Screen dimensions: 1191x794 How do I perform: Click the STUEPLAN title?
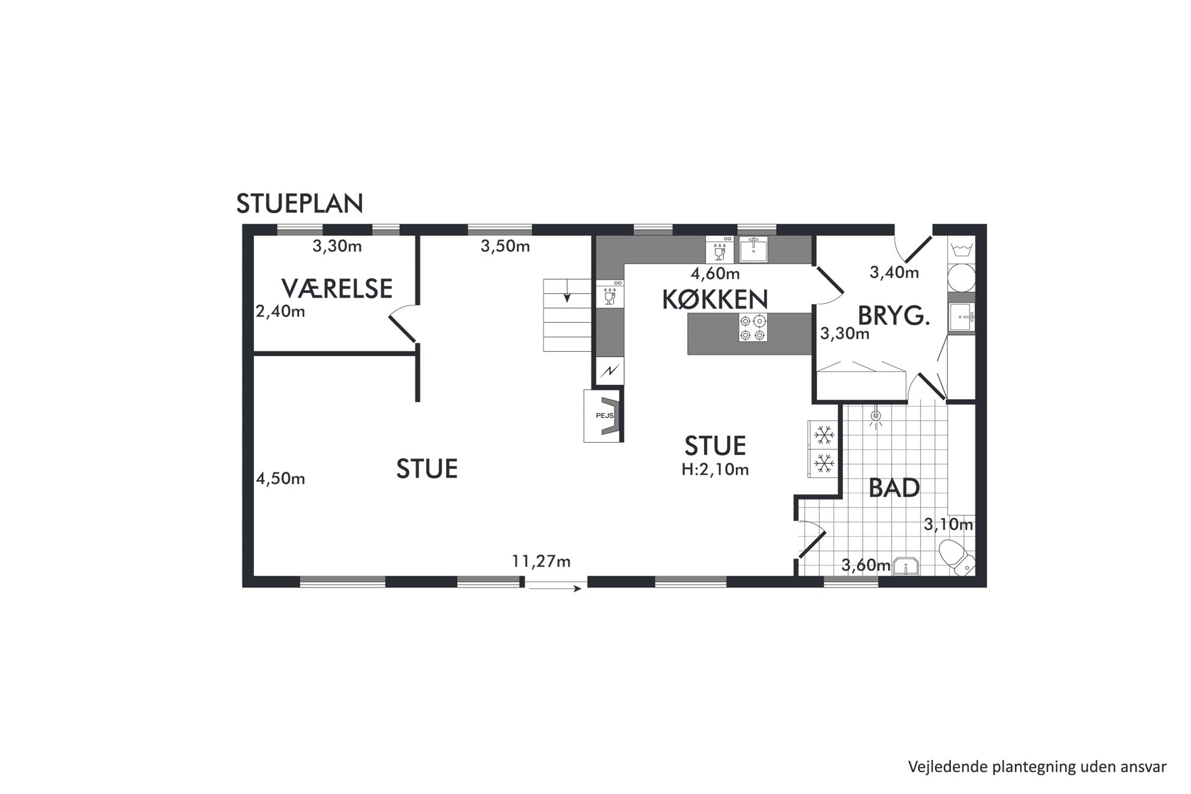pos(300,204)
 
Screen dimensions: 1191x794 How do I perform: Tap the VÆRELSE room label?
pos(337,289)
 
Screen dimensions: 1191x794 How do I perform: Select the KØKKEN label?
pos(714,299)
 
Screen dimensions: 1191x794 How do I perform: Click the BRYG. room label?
pos(893,316)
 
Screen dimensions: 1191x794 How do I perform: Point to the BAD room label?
pos(894,489)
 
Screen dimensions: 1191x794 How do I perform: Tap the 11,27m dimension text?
pos(541,561)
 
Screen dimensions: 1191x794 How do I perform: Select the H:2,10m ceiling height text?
pos(715,469)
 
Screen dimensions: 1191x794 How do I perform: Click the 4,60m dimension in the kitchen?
pos(715,274)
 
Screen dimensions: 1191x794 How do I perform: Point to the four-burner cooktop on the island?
pos(753,328)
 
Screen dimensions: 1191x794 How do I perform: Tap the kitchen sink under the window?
pos(753,250)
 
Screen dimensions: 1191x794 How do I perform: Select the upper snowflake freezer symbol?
pos(824,435)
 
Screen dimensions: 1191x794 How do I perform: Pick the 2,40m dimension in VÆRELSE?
pos(280,311)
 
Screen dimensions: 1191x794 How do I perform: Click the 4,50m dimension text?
pos(280,478)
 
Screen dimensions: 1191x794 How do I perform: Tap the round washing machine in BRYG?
pos(961,278)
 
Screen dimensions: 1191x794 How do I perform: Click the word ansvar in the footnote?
pos(1146,766)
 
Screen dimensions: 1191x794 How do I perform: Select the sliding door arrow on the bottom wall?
pos(555,589)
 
